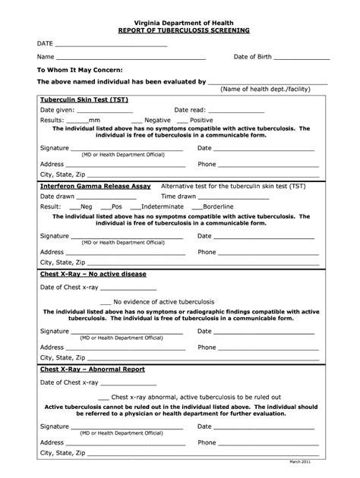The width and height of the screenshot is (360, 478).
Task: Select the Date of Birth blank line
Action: click(x=302, y=57)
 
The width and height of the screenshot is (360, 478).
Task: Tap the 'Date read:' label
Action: click(x=190, y=110)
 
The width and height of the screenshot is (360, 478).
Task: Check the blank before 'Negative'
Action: click(x=137, y=120)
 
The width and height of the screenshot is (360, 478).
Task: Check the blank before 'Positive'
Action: click(x=182, y=120)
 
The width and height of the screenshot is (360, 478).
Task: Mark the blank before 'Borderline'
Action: click(x=197, y=206)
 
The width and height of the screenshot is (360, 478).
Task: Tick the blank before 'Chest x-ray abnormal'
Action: click(x=103, y=397)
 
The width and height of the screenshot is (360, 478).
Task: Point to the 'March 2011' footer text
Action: click(x=320, y=461)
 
